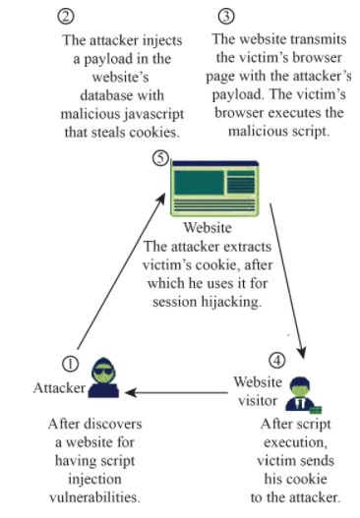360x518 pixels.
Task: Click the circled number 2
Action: coord(67,17)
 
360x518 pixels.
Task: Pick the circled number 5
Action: coord(161,158)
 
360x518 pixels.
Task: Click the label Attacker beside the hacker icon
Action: coord(59,387)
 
